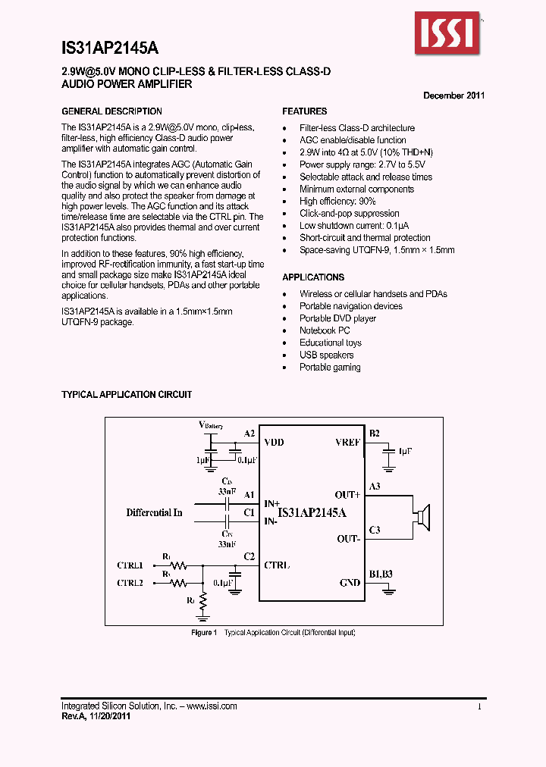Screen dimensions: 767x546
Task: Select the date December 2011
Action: pyautogui.click(x=453, y=95)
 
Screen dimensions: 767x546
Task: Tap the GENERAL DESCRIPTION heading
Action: pyautogui.click(x=111, y=111)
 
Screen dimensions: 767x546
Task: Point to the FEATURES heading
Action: pyautogui.click(x=305, y=111)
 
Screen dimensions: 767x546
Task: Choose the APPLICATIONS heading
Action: pyautogui.click(x=313, y=277)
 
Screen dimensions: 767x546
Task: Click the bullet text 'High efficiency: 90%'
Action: pyautogui.click(x=337, y=202)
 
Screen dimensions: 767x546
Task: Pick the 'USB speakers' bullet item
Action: pyautogui.click(x=326, y=355)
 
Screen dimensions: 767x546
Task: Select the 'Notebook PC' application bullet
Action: pyautogui.click(x=325, y=330)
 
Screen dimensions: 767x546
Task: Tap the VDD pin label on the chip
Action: pyautogui.click(x=274, y=443)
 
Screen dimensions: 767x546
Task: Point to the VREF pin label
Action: pyautogui.click(x=347, y=443)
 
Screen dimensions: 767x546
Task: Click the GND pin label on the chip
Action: pyautogui.click(x=350, y=583)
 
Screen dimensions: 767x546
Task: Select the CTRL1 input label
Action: pyautogui.click(x=130, y=565)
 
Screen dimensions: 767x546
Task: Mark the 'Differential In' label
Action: pyautogui.click(x=154, y=513)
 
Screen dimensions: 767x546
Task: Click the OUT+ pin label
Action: pyautogui.click(x=347, y=496)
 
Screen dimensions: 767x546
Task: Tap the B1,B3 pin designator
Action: pyautogui.click(x=381, y=574)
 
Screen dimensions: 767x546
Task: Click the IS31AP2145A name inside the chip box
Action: pyautogui.click(x=312, y=513)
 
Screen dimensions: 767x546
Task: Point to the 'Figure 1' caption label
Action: pyautogui.click(x=204, y=632)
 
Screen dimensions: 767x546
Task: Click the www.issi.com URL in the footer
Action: pyautogui.click(x=212, y=706)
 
